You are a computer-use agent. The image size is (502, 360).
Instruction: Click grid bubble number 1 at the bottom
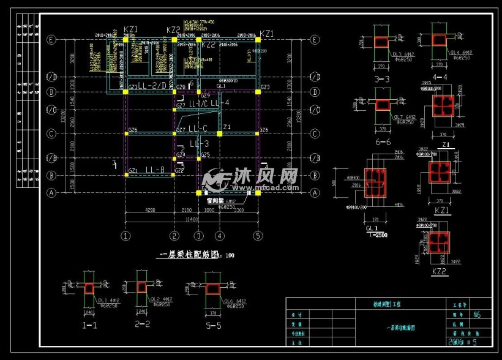[126, 235]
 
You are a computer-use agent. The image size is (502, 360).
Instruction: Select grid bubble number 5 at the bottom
[258, 235]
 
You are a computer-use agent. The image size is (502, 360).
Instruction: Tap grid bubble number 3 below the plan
[198, 235]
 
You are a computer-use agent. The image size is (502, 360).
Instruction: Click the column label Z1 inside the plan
[227, 127]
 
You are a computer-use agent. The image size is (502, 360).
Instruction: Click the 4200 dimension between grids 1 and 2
[149, 211]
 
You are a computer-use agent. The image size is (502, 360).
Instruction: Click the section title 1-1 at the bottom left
[89, 325]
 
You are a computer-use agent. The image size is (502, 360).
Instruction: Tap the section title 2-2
[142, 323]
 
